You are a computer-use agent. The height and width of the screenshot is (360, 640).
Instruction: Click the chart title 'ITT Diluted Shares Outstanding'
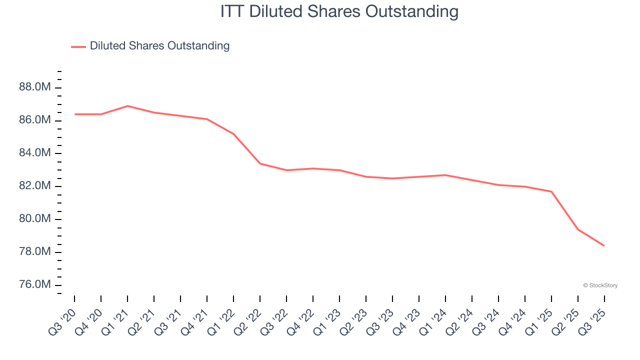(339, 11)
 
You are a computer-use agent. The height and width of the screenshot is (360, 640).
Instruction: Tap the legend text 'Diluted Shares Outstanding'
(159, 46)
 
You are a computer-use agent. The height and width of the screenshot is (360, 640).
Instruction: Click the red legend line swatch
(78, 46)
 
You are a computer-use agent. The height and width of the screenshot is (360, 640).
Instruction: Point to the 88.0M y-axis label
(35, 87)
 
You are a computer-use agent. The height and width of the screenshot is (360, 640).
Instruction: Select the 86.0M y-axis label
(35, 120)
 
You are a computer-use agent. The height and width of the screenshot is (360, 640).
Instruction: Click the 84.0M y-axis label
(35, 153)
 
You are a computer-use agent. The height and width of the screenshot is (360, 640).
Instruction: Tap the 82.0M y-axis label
(35, 186)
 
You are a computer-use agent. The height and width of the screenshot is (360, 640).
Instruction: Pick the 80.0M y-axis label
(35, 218)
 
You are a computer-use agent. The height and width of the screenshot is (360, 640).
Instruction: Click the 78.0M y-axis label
(35, 251)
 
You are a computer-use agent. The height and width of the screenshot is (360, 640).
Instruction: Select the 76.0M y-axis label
(35, 284)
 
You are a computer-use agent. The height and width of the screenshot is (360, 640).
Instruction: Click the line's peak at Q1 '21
(127, 106)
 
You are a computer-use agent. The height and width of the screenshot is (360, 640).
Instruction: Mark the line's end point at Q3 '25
(604, 245)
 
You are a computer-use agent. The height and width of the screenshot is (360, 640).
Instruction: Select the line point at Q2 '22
(260, 163)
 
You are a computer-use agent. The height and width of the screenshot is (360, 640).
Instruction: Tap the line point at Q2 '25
(578, 229)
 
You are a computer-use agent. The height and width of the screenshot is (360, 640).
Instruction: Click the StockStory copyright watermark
(600, 285)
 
